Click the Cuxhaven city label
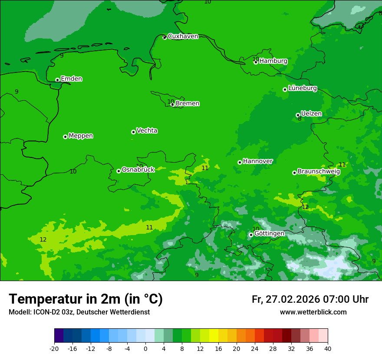[x=183, y=36]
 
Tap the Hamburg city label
[x=273, y=61]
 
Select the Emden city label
[x=71, y=79]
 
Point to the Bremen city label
[x=188, y=104]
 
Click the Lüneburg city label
[x=302, y=88]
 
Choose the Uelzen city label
[x=311, y=114]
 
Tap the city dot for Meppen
[x=65, y=137]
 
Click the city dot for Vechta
[x=133, y=132]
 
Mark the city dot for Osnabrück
[x=119, y=171]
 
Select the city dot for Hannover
[x=240, y=162]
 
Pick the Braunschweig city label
[x=319, y=172]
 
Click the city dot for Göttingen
[x=251, y=235]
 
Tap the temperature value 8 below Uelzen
[x=300, y=119]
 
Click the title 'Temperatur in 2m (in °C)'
[x=86, y=299]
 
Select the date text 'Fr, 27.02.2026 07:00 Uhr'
[x=310, y=299]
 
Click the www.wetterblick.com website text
[x=313, y=312]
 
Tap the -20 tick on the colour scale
[x=54, y=349]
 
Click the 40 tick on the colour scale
[x=327, y=349]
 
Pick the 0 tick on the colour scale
[x=145, y=349]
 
